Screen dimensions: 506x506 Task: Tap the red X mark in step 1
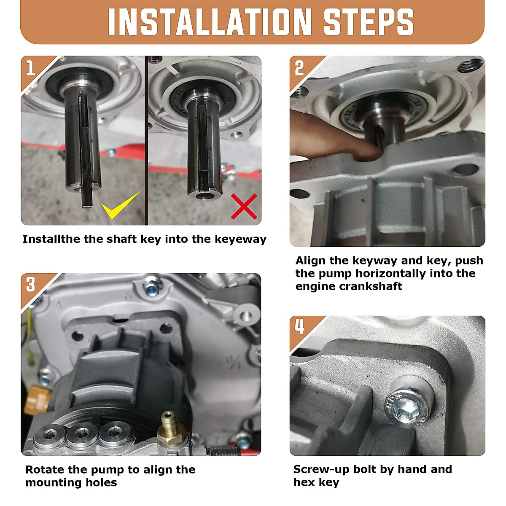[x=244, y=206]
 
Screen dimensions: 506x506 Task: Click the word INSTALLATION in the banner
[x=210, y=22]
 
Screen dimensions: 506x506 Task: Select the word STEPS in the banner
[x=369, y=22]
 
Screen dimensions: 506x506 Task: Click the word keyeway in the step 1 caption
[x=240, y=240]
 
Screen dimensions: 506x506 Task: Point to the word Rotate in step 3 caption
[x=45, y=470]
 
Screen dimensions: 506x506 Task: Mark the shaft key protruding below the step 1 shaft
[x=87, y=194]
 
